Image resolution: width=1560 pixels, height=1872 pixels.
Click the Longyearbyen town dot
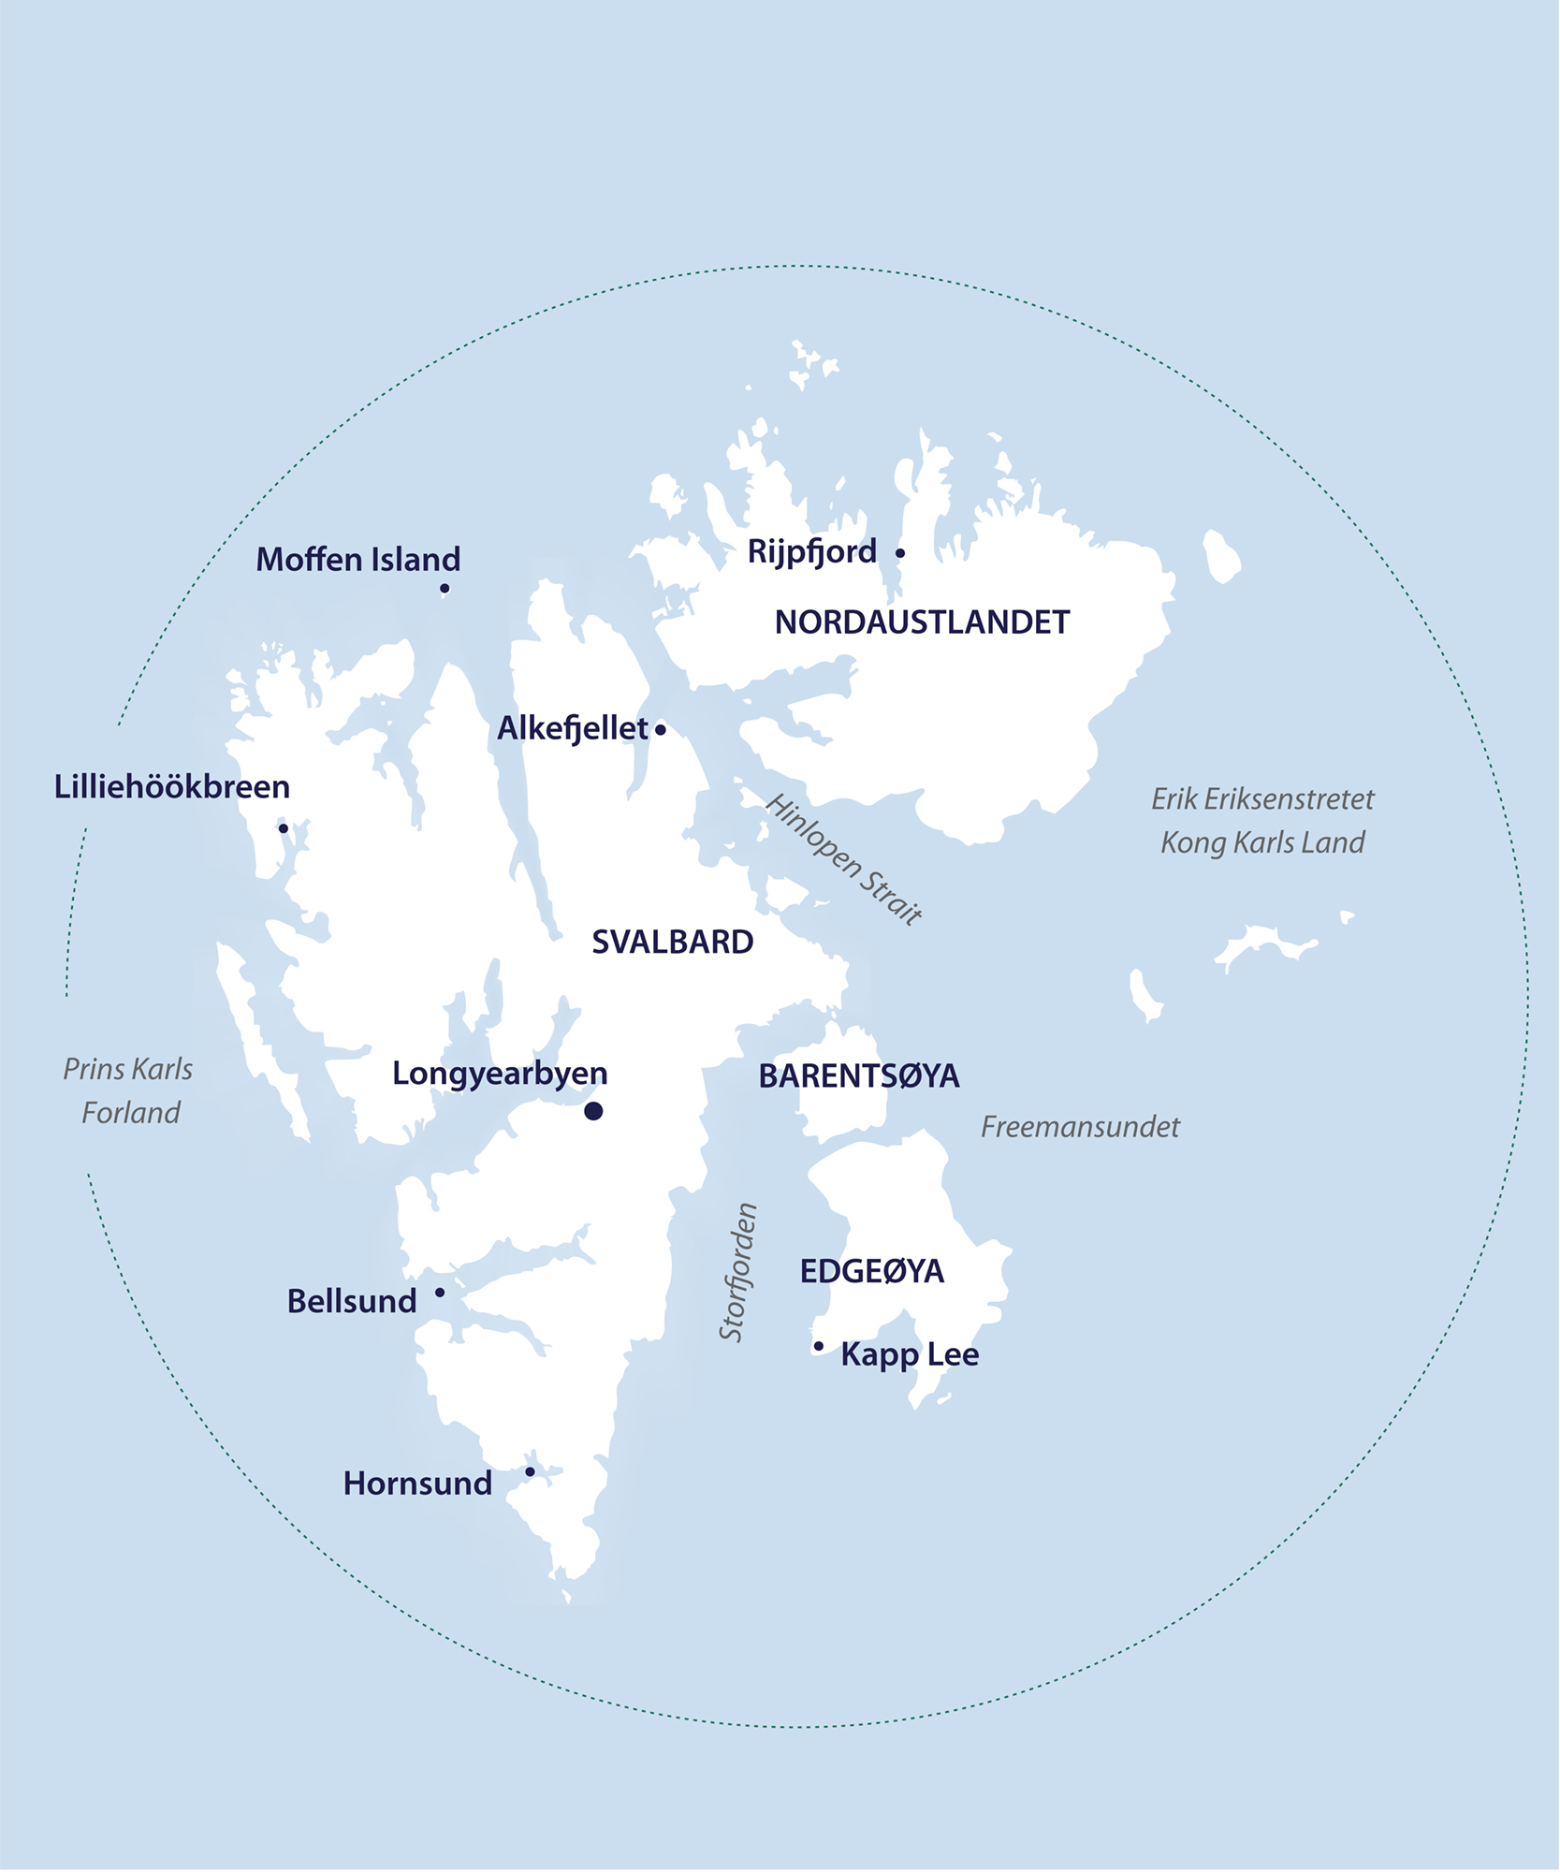click(593, 1111)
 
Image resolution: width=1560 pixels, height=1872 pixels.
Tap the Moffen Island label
click(358, 560)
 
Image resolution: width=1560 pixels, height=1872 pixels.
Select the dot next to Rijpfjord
click(900, 553)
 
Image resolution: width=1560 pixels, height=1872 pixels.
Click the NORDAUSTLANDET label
click(922, 622)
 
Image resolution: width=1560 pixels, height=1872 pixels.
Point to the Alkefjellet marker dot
click(661, 730)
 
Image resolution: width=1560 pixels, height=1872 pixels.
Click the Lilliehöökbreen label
click(172, 787)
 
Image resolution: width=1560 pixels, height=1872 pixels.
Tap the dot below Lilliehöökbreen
click(284, 828)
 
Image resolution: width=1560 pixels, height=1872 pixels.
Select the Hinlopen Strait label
click(844, 859)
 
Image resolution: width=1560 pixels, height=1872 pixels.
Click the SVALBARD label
click(673, 943)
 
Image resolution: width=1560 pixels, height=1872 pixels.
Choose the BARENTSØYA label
click(859, 1076)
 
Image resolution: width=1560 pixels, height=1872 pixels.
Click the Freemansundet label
click(1080, 1127)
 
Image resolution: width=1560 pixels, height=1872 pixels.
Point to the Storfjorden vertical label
click(737, 1272)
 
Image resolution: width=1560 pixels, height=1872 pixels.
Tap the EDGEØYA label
click(872, 1271)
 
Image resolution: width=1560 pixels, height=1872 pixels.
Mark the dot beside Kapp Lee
click(819, 1346)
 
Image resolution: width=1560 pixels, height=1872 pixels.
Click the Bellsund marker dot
click(440, 1293)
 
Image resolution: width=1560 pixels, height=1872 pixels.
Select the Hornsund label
click(417, 1484)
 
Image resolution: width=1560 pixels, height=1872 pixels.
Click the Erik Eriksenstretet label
click(1262, 799)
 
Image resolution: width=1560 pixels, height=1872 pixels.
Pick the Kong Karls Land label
click(1262, 842)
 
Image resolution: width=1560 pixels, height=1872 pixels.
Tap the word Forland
click(131, 1113)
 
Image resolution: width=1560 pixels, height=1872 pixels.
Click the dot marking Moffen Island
click(445, 589)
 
